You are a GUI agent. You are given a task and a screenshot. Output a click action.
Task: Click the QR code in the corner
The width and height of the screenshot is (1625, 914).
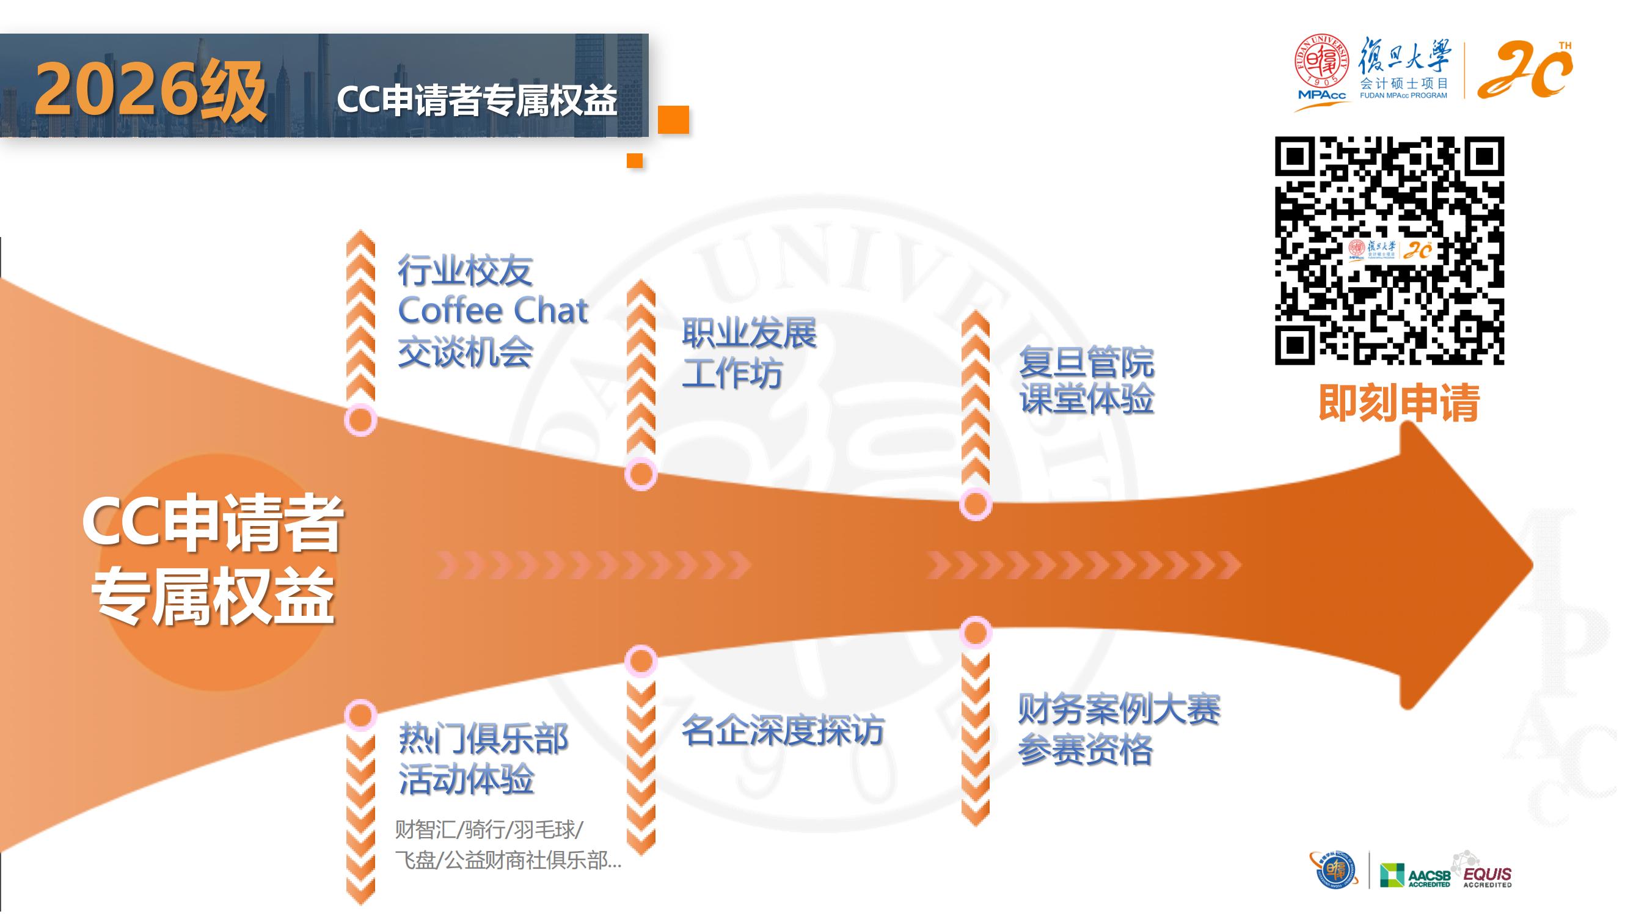pyautogui.click(x=1389, y=250)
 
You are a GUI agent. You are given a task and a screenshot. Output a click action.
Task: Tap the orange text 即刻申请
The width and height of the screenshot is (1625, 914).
pyautogui.click(x=1399, y=402)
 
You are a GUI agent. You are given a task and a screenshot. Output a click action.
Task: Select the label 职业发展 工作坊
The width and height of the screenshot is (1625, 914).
pyautogui.click(x=750, y=353)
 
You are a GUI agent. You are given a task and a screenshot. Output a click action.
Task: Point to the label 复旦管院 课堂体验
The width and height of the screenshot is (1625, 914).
pyautogui.click(x=1087, y=381)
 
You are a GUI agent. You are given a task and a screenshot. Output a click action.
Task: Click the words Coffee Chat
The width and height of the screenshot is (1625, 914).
pyautogui.click(x=494, y=310)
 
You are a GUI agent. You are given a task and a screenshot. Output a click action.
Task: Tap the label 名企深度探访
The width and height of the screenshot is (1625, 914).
pyautogui.click(x=783, y=731)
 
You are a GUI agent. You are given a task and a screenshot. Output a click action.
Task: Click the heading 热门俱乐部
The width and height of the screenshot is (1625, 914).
pyautogui.click(x=483, y=739)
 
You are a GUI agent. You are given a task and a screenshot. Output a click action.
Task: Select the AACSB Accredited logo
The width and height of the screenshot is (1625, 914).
pyautogui.click(x=1415, y=875)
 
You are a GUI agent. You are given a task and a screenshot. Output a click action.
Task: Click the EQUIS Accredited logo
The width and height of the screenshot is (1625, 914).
pyautogui.click(x=1487, y=871)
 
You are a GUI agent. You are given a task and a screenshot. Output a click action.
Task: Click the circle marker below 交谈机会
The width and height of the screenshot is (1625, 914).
pyautogui.click(x=361, y=420)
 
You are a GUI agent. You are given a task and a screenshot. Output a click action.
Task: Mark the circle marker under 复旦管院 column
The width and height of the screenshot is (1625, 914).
pyautogui.click(x=976, y=504)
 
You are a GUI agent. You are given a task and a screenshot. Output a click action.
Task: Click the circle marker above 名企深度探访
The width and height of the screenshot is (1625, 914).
pyautogui.click(x=641, y=660)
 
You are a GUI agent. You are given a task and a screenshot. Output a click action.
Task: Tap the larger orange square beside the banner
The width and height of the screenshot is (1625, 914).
pyautogui.click(x=673, y=119)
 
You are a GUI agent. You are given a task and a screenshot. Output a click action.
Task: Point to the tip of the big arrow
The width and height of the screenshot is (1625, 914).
pyautogui.click(x=1533, y=564)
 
